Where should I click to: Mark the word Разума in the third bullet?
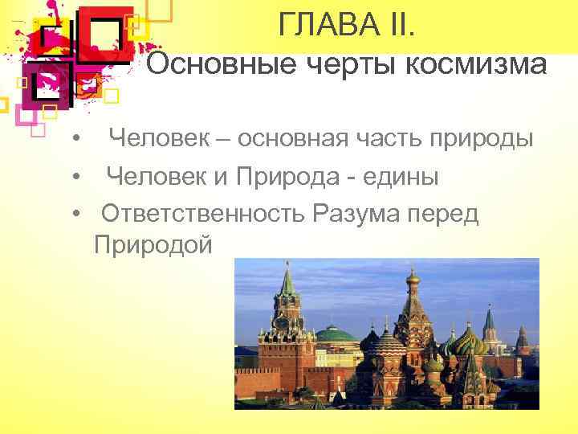click(x=361, y=214)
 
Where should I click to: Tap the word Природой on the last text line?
click(x=153, y=244)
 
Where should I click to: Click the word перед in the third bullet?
click(x=449, y=214)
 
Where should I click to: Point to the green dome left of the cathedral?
click(x=335, y=333)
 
